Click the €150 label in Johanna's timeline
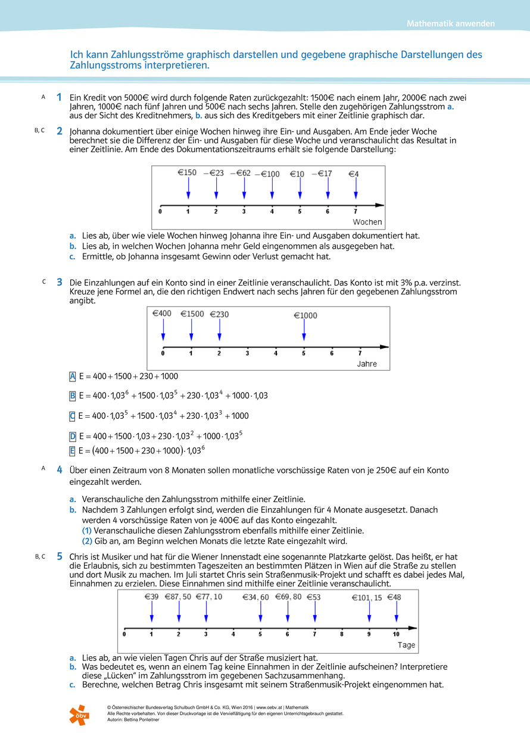click(187, 173)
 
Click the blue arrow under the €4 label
click(356, 189)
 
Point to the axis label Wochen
click(367, 222)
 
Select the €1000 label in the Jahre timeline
click(305, 315)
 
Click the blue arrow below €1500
click(191, 329)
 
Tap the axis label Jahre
click(367, 363)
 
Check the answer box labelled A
click(73, 376)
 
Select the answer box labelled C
click(73, 416)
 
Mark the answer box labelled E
click(73, 450)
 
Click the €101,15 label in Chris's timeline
click(367, 598)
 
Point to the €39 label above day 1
click(151, 597)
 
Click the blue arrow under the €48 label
click(396, 612)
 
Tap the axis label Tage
click(406, 645)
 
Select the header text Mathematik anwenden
click(451, 24)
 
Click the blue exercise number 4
click(60, 470)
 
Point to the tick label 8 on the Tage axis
click(342, 634)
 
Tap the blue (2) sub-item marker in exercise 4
click(87, 541)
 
